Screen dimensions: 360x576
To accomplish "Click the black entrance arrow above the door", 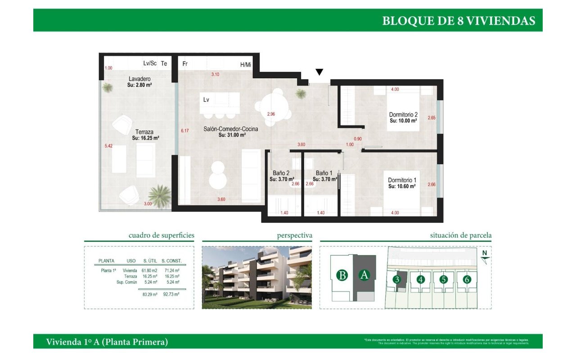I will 319,72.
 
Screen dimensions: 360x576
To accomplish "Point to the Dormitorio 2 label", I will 403,115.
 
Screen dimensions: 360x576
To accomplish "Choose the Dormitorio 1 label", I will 401,180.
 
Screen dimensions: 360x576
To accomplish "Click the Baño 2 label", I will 281,173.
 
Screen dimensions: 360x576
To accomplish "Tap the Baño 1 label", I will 324,173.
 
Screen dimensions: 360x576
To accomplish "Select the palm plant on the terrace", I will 159,196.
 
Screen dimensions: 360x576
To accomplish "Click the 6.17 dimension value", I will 184,131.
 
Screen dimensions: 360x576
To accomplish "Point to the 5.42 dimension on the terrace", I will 108,146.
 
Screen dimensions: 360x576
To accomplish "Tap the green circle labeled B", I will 343,275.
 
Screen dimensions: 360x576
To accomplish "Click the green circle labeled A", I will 364,275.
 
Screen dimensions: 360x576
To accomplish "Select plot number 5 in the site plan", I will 444,279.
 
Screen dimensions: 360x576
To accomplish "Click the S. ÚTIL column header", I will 150,261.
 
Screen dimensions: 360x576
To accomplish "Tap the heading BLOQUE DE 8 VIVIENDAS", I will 459,21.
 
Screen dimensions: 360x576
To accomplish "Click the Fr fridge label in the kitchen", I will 184,64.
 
